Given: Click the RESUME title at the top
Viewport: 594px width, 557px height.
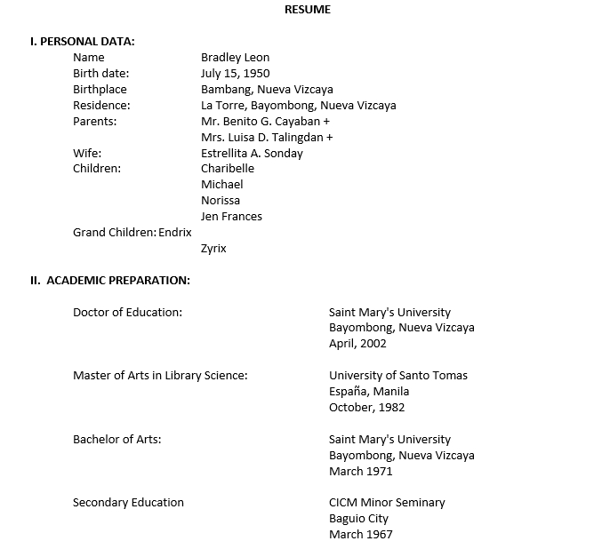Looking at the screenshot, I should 307,10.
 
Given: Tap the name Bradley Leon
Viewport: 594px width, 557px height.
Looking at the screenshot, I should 235,58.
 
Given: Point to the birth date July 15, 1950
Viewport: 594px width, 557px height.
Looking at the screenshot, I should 235,74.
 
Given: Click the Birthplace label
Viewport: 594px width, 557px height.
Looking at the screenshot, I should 100,90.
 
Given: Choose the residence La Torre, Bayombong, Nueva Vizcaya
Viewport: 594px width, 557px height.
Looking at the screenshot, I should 298,106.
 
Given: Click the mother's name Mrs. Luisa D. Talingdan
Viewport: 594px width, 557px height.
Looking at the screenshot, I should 267,137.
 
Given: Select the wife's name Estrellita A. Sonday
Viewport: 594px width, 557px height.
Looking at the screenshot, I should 252,153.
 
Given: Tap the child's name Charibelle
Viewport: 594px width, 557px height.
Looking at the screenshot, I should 228,169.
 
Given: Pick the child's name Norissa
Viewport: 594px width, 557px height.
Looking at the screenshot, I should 221,200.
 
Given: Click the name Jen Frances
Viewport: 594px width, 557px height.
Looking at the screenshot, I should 231,216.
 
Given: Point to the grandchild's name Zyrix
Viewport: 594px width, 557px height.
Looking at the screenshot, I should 213,249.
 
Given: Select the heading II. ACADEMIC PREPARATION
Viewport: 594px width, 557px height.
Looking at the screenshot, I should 109,281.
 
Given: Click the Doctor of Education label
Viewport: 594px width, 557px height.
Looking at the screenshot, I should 127,312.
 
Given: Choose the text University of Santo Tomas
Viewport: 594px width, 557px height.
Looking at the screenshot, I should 397,376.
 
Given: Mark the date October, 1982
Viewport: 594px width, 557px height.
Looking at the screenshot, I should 366,408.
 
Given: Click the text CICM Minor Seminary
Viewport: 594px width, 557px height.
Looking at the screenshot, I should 387,503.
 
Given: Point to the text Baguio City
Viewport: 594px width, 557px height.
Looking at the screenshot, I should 358,519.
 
